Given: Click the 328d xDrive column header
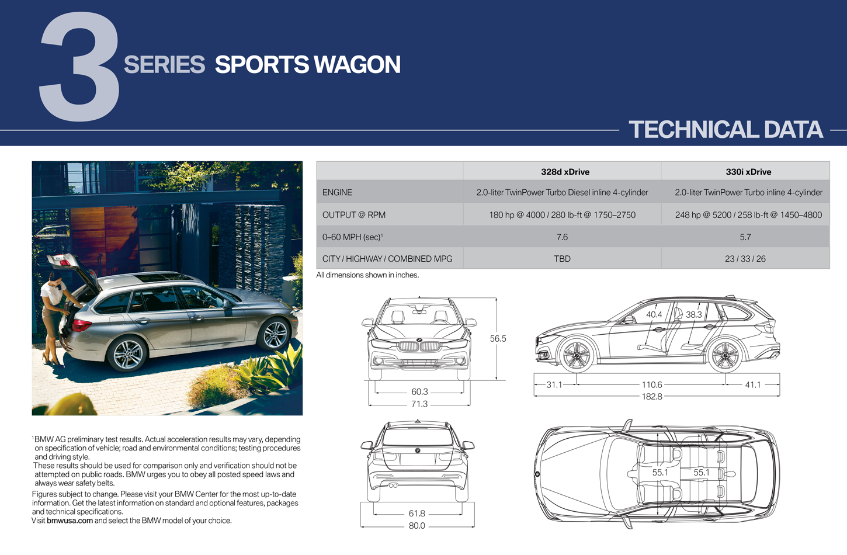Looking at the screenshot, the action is point(565,172).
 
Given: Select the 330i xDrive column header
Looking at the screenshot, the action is point(748,172).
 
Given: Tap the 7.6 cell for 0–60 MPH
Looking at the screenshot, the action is point(562,237).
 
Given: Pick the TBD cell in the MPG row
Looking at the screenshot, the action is point(562,259).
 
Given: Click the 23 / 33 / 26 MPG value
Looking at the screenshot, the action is point(745,259).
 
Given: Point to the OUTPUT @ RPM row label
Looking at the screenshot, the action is point(354,215).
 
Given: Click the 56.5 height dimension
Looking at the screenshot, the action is point(498,339).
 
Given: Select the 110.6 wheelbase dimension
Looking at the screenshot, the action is point(652,384).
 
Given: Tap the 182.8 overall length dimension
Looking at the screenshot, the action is point(652,397).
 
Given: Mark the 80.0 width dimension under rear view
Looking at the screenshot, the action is point(416,526).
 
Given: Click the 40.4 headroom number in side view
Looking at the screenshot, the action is point(654,314).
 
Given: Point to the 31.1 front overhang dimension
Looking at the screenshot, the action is point(554,384).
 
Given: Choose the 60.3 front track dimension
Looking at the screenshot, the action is point(419,391).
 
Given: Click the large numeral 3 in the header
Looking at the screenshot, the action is point(79,66).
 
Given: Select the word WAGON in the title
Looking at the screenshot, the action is point(357,64).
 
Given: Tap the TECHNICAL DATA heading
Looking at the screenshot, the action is point(725,129).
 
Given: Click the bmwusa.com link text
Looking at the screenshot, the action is point(70,521).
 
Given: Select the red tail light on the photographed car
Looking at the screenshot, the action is point(81,325).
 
